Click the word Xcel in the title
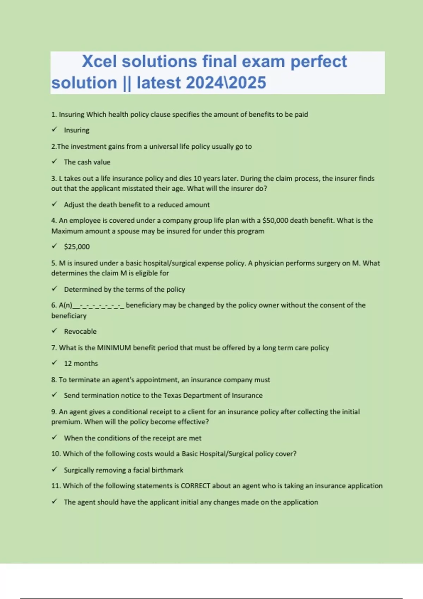coord(99,62)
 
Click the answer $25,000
coord(77,247)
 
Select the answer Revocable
coord(80,331)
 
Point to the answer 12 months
coord(81,363)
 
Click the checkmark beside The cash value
coord(54,161)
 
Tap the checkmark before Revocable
coord(54,331)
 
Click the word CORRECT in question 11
coord(195,486)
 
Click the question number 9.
coord(54,412)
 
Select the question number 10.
coord(56,454)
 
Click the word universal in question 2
coord(163,147)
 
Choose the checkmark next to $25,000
coord(54,246)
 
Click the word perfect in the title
coord(318,62)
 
